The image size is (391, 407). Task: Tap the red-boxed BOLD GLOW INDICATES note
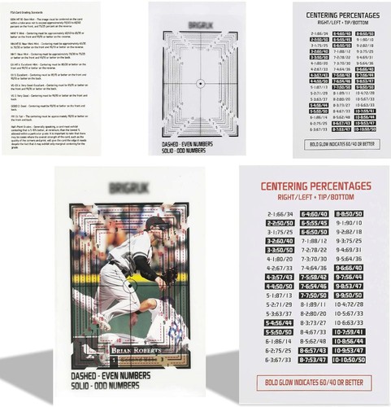(x=308, y=382)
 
